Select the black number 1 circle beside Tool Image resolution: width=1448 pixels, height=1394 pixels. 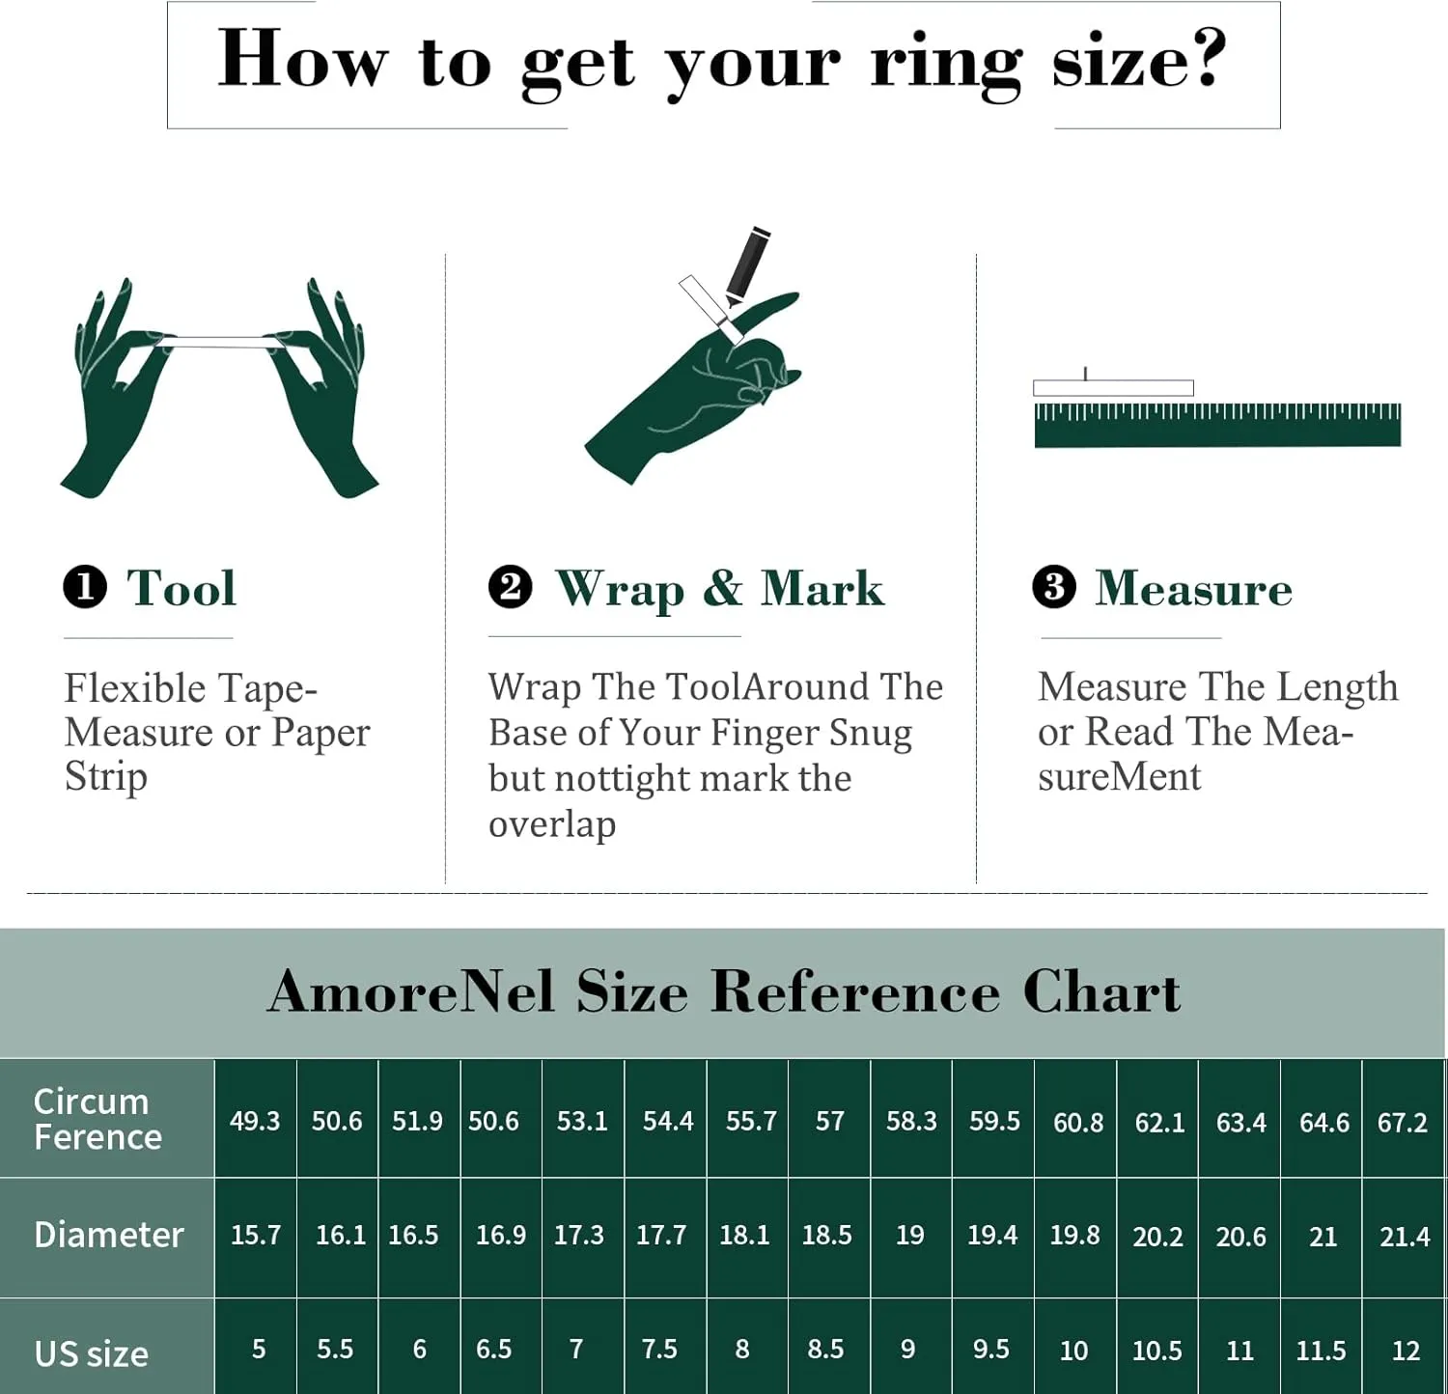point(85,587)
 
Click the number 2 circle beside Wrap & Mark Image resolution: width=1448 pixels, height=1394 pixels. point(510,587)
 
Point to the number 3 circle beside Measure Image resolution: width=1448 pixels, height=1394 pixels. point(1054,587)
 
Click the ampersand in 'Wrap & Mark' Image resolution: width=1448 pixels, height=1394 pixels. point(723,588)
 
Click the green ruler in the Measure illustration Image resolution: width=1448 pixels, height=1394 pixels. point(1217,425)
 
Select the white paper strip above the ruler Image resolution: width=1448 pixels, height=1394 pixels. point(1113,388)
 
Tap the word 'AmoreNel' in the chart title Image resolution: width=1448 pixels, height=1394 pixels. point(411,991)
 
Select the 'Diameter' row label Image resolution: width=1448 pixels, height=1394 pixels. point(108,1235)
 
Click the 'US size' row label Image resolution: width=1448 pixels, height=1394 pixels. point(92,1353)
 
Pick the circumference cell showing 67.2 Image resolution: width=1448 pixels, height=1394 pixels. point(1403,1122)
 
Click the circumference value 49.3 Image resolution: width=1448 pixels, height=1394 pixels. point(255,1121)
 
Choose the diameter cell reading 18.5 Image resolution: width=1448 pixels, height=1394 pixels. point(827,1235)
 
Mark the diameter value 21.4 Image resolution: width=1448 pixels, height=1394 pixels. point(1405,1237)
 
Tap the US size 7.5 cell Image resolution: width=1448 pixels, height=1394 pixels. point(659,1349)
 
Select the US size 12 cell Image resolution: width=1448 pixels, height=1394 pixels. point(1406,1351)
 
